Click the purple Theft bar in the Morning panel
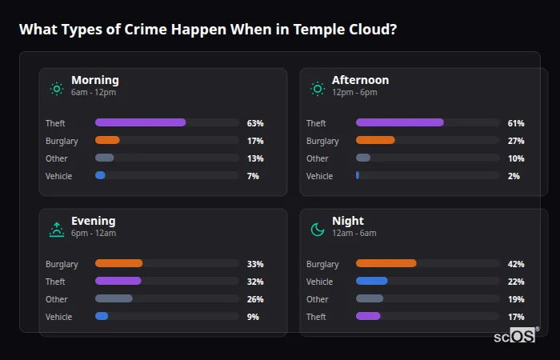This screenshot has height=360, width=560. pos(141,122)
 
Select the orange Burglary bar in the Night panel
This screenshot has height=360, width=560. pos(386,263)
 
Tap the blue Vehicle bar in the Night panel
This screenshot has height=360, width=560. pos(372,281)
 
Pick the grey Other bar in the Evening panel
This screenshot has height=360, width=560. pos(114,298)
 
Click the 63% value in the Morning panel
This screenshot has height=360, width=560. pos(255,123)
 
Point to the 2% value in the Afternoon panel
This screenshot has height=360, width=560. pos(514,176)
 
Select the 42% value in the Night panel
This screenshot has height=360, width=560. pos(516,264)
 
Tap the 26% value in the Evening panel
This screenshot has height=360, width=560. pos(255,299)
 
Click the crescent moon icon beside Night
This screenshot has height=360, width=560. pos(318,230)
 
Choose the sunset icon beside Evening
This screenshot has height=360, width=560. pos(57,230)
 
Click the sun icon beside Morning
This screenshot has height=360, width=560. pos(57,89)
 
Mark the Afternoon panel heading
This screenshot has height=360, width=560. pos(360,80)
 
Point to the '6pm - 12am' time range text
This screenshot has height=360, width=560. pos(94,234)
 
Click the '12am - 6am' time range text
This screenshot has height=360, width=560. pos(354,234)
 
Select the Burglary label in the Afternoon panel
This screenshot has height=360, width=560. pos(322,141)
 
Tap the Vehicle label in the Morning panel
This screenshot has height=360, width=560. pos(59,176)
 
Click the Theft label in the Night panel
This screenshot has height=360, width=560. pos(316,317)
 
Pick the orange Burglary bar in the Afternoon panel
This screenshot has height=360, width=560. pos(375,140)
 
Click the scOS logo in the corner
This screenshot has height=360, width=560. pos(515,336)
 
